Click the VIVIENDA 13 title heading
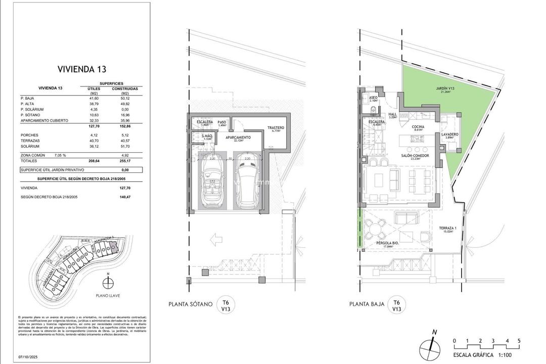tap(81, 69)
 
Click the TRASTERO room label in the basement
tap(276, 128)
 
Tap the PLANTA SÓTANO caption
tap(190, 304)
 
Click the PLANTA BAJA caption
tap(366, 304)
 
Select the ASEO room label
tap(374, 98)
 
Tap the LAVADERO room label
tap(449, 134)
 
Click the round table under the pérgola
tap(375, 230)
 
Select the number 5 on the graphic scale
tap(519, 340)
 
